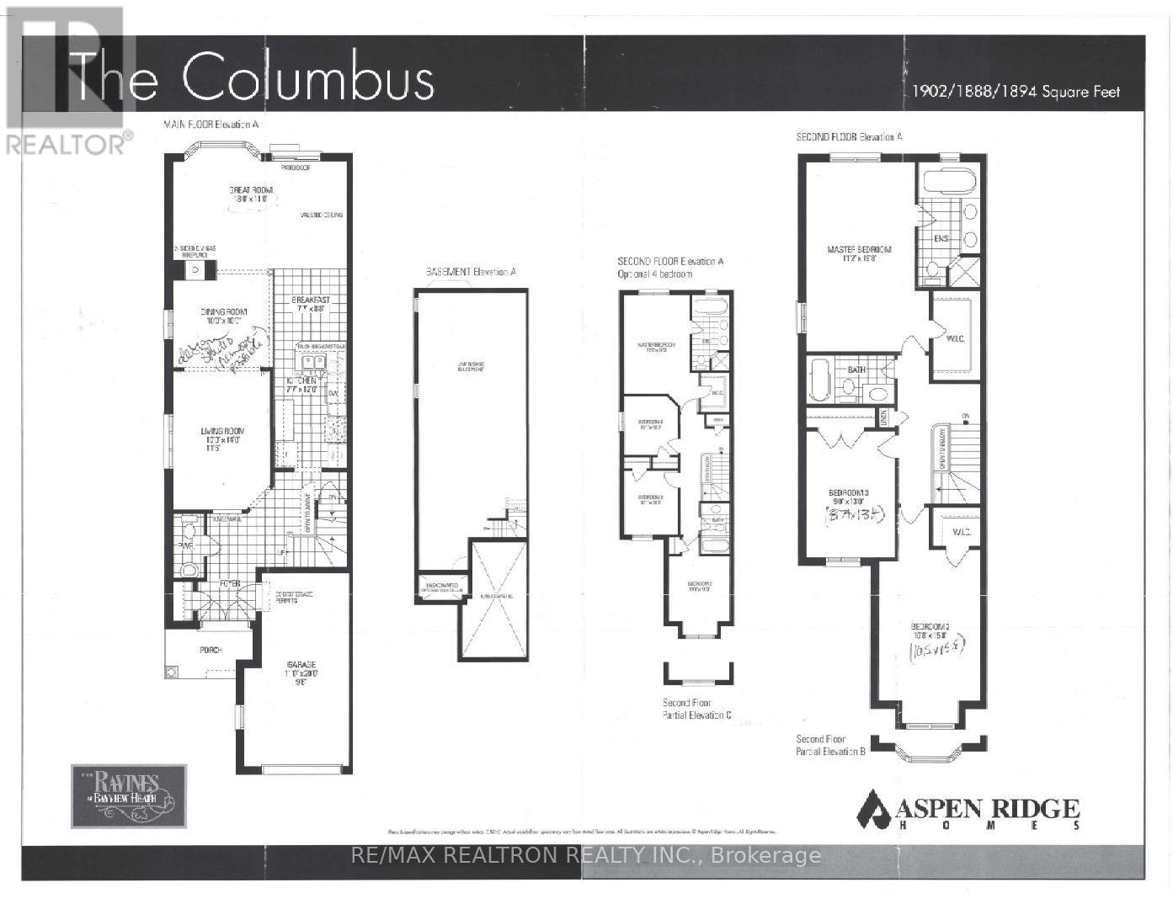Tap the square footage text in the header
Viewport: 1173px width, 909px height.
1016,92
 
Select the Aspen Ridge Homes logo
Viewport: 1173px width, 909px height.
968,811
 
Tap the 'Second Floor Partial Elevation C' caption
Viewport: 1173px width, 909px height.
696,709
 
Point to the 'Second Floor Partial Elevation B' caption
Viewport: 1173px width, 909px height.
831,745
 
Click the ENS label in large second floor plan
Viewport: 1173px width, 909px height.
941,239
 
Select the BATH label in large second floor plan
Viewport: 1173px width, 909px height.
856,370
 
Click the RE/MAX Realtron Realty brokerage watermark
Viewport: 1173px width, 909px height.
584,856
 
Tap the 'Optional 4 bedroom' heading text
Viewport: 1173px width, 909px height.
656,274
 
